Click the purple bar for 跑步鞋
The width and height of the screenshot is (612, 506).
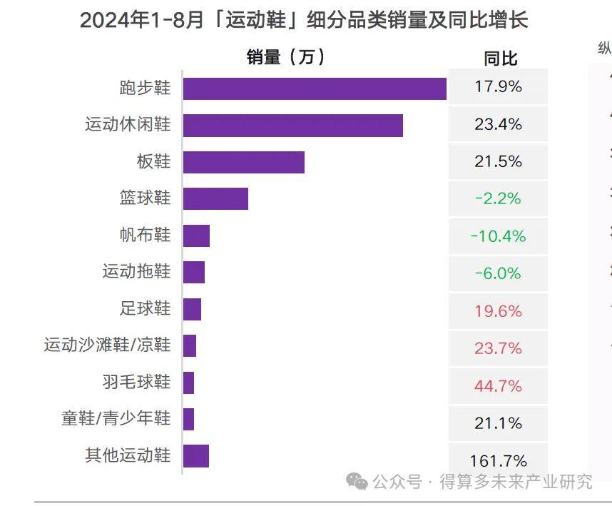point(315,88)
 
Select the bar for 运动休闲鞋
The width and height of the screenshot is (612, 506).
point(292,125)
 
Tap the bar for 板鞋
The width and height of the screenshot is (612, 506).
point(243,162)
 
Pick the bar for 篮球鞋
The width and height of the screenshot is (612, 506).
point(215,198)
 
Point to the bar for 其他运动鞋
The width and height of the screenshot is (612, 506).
point(196,455)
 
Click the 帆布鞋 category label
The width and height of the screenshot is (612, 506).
point(145,235)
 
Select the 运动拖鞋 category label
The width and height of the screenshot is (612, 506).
point(136,271)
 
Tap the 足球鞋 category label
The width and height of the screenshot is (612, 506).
point(145,308)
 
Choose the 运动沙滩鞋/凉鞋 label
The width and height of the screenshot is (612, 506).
point(107,345)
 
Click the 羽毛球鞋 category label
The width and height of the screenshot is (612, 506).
point(136,382)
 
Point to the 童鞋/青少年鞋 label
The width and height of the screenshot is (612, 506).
point(116,418)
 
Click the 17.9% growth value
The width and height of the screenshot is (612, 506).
point(498,87)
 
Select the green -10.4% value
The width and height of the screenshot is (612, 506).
point(498,236)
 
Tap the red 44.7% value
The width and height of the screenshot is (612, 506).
point(498,386)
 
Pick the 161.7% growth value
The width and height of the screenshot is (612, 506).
point(498,460)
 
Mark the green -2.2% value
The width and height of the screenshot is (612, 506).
point(498,198)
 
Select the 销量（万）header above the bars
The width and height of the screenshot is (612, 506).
point(285,57)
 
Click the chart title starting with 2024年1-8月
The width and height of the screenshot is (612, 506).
point(304,20)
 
